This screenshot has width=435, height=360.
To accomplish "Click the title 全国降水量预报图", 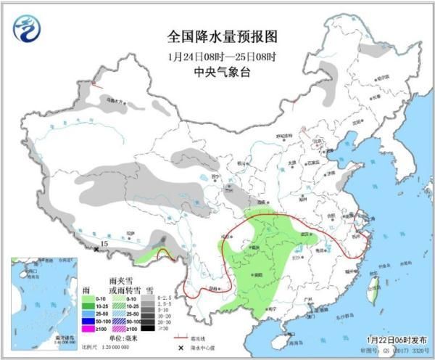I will [223, 36].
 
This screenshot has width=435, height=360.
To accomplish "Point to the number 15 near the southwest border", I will [104, 245].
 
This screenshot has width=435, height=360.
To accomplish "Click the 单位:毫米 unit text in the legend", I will [124, 338].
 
